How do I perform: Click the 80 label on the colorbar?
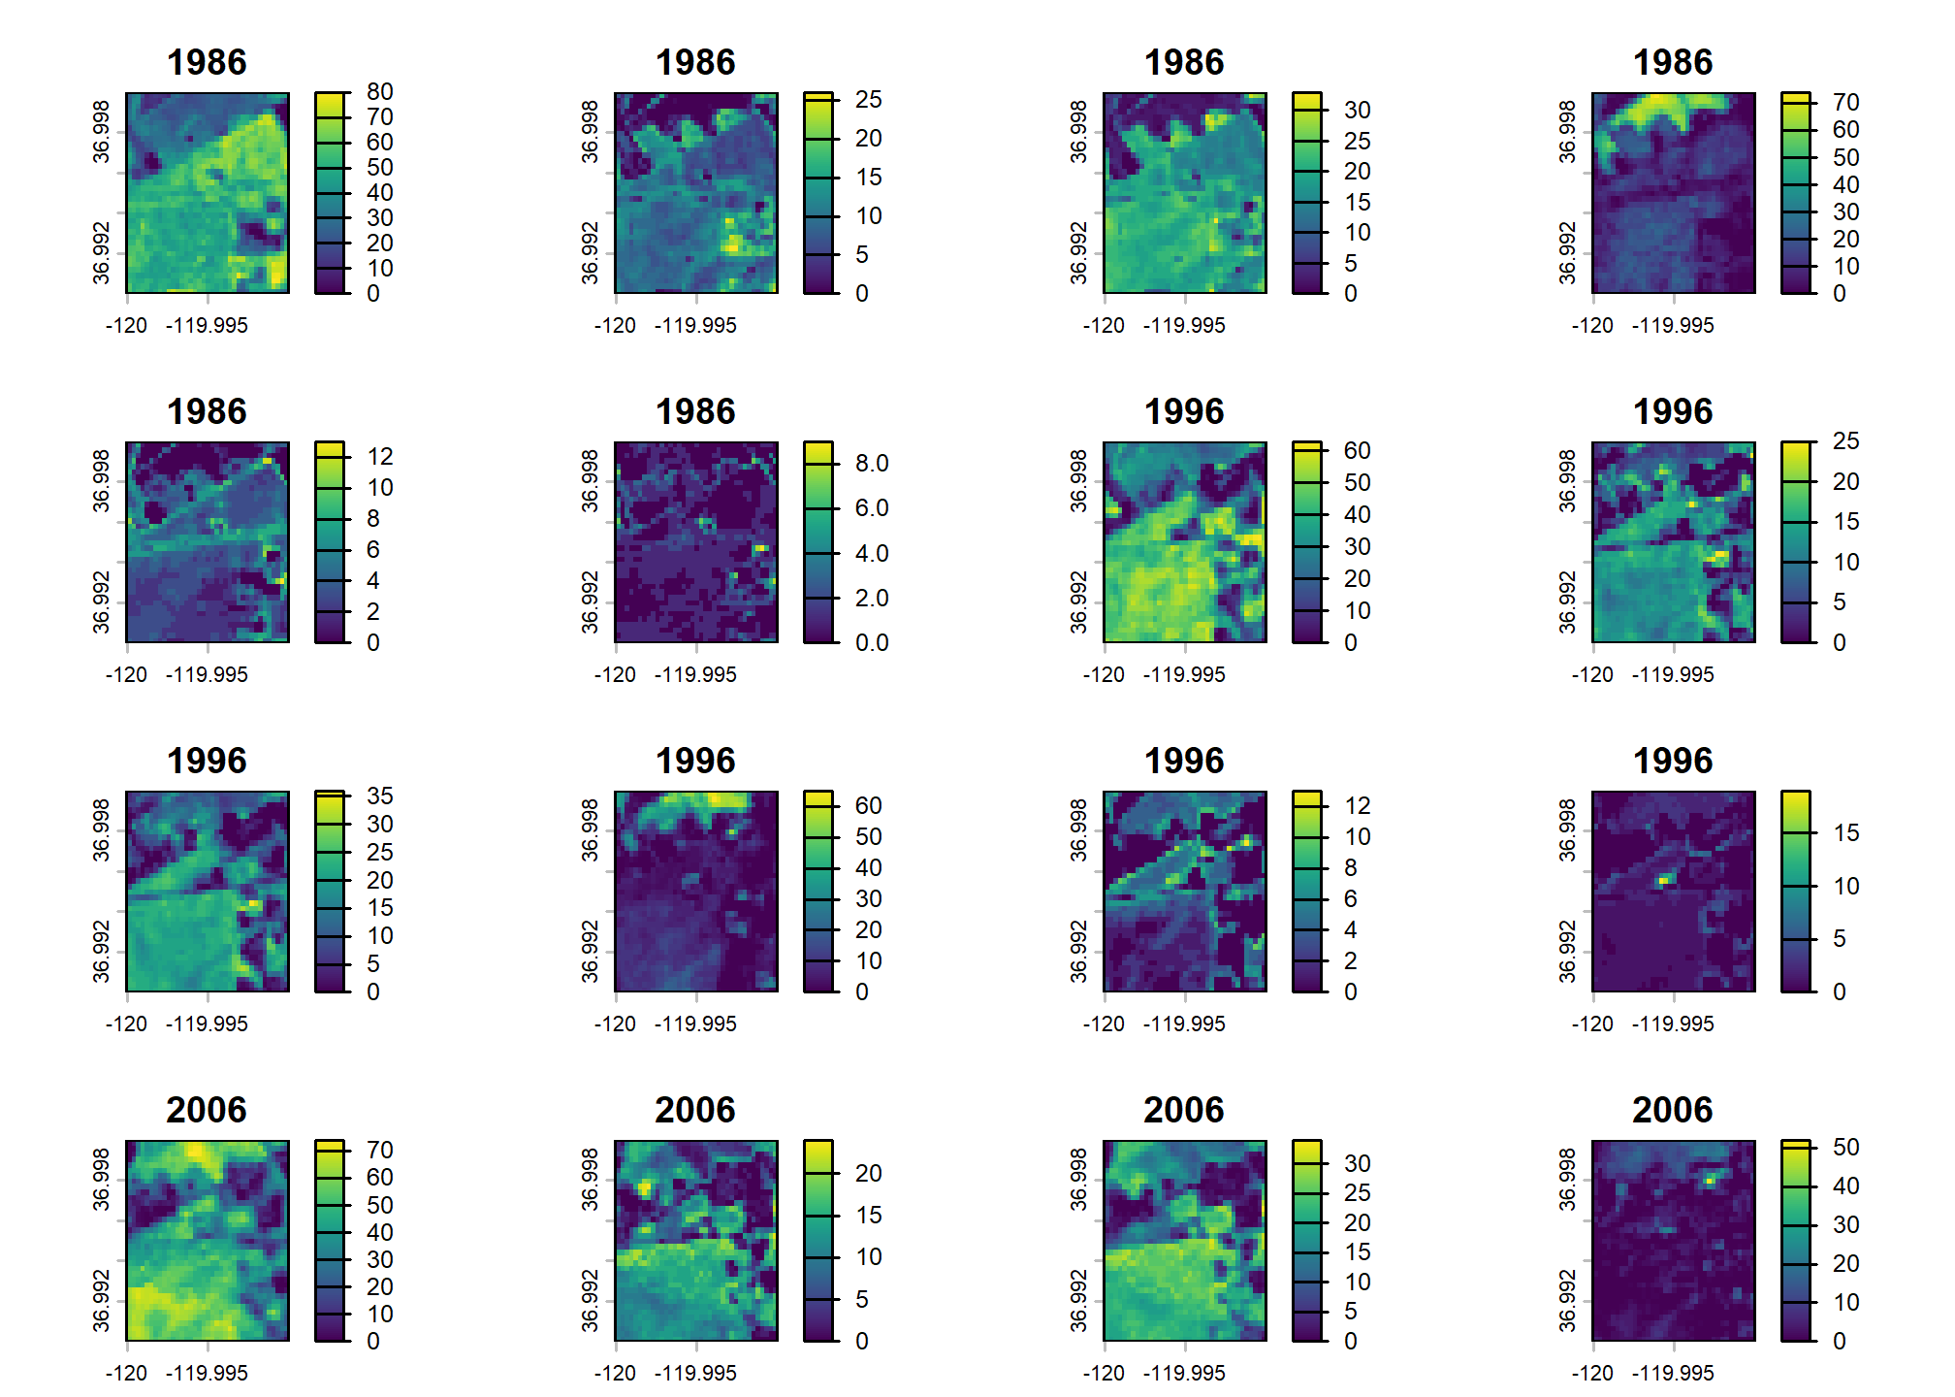379,92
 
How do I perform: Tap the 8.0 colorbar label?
871,464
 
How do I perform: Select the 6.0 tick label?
871,508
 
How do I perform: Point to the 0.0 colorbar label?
871,642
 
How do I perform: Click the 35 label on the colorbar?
379,796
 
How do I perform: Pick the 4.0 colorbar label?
871,553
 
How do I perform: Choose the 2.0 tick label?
871,598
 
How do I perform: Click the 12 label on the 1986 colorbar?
379,457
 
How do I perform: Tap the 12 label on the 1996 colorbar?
1357,806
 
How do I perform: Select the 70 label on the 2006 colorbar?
379,1151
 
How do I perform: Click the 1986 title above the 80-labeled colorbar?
207,63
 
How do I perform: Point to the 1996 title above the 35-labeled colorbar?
207,762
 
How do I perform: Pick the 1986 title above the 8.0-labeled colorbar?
695,412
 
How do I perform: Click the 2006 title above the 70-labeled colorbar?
207,1111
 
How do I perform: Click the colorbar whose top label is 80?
330,193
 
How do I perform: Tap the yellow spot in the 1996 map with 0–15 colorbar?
1664,880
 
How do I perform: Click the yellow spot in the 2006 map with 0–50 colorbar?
1710,1181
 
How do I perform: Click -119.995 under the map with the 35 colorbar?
207,1023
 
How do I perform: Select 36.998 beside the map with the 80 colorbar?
101,131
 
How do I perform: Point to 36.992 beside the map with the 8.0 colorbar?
590,602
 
